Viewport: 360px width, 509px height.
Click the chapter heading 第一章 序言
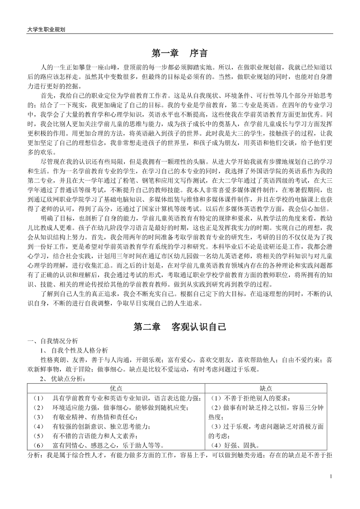180,53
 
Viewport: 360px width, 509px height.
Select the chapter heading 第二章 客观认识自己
180,326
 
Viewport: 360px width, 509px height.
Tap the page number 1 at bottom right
331,476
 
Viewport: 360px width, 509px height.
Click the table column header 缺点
266,388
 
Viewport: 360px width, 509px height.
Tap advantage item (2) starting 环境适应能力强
111,407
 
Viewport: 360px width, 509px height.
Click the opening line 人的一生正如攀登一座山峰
186,67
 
